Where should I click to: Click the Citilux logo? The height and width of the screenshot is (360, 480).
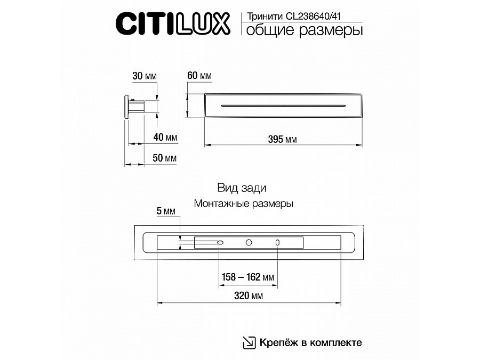[173, 24]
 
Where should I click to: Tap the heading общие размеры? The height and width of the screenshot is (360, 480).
[303, 30]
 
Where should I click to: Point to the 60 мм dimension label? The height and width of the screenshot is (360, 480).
[199, 77]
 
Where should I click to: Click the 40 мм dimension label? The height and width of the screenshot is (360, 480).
[165, 138]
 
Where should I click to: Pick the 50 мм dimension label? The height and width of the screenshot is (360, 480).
[164, 159]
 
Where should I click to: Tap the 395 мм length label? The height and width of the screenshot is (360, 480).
[283, 140]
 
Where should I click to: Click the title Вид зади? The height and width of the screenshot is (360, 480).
[242, 188]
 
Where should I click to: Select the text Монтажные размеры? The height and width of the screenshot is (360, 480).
[243, 204]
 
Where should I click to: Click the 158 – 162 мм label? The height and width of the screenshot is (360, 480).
[247, 277]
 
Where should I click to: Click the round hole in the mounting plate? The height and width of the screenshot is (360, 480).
[249, 243]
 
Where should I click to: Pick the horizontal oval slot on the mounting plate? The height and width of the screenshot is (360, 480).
[220, 243]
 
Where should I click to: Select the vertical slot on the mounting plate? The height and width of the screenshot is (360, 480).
[277, 243]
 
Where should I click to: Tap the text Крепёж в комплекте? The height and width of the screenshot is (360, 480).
[311, 342]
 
